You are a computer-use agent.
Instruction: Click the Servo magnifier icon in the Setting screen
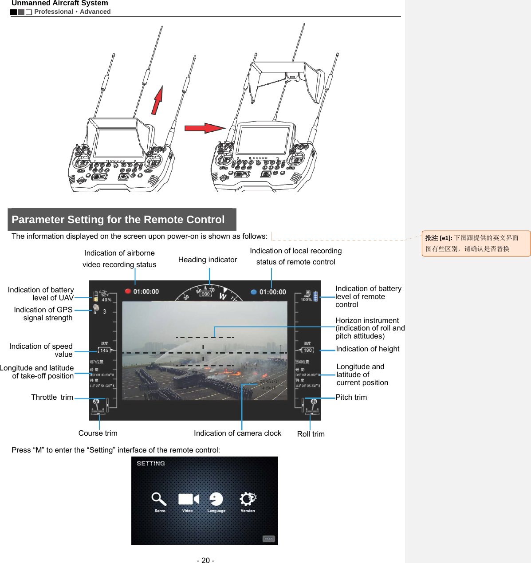tap(159, 499)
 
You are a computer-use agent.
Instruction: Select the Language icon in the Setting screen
tap(216, 499)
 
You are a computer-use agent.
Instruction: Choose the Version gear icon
tap(248, 499)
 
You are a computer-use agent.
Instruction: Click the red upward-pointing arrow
tap(157, 100)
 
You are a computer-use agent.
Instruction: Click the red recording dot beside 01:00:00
tap(128, 291)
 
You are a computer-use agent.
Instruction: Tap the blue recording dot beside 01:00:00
tap(254, 292)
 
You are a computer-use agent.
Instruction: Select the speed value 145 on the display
tap(104, 350)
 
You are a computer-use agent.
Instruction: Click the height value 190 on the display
tap(307, 350)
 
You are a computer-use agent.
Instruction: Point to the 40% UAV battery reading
tap(106, 300)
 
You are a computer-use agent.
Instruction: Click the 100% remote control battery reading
tap(306, 299)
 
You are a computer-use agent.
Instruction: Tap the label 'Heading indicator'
tap(208, 260)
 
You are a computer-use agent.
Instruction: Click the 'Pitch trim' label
tap(351, 397)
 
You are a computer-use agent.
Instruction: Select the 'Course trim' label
tap(98, 433)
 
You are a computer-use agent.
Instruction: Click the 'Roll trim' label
tap(311, 434)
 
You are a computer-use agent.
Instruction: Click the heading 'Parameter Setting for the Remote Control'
tap(118, 220)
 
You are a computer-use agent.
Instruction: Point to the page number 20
tap(205, 560)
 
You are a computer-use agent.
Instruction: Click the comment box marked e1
tap(476, 243)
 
